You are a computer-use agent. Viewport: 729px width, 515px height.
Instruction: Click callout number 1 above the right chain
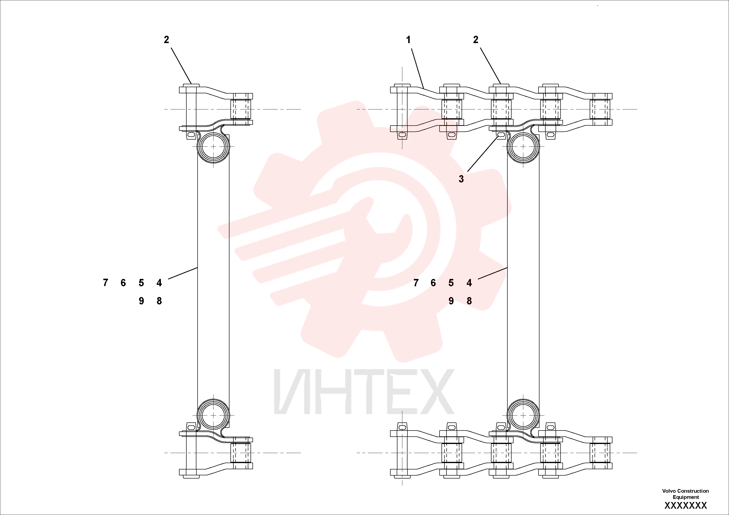coord(408,40)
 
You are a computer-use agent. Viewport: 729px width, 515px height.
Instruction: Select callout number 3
coord(461,179)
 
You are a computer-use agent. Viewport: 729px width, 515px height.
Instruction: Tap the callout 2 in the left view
coord(166,40)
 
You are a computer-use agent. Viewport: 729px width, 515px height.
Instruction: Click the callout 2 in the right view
coord(475,40)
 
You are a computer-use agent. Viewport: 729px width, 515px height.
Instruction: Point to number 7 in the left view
coord(105,283)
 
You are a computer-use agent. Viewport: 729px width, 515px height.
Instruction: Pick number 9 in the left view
coord(141,301)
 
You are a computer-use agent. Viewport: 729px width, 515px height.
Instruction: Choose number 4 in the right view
coord(469,283)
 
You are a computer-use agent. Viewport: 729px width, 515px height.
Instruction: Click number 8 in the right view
coord(469,301)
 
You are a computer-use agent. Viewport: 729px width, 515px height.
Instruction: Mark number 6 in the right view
coord(433,283)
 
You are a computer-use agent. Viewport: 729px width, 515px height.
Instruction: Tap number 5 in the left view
coord(141,283)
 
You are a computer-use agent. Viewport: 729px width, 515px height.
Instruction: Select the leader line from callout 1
coord(418,68)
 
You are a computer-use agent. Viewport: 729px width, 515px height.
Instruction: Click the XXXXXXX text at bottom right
coord(685,505)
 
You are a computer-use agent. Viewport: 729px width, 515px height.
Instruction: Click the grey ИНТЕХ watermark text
coord(364,392)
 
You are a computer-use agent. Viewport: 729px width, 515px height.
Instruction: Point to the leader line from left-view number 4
coord(183,273)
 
